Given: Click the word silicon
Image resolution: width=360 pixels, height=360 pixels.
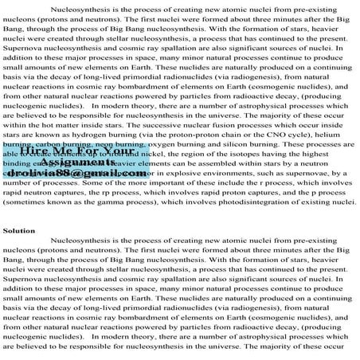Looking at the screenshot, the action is click(248, 145).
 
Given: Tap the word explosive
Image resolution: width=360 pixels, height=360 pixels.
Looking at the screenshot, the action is click(206, 174).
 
